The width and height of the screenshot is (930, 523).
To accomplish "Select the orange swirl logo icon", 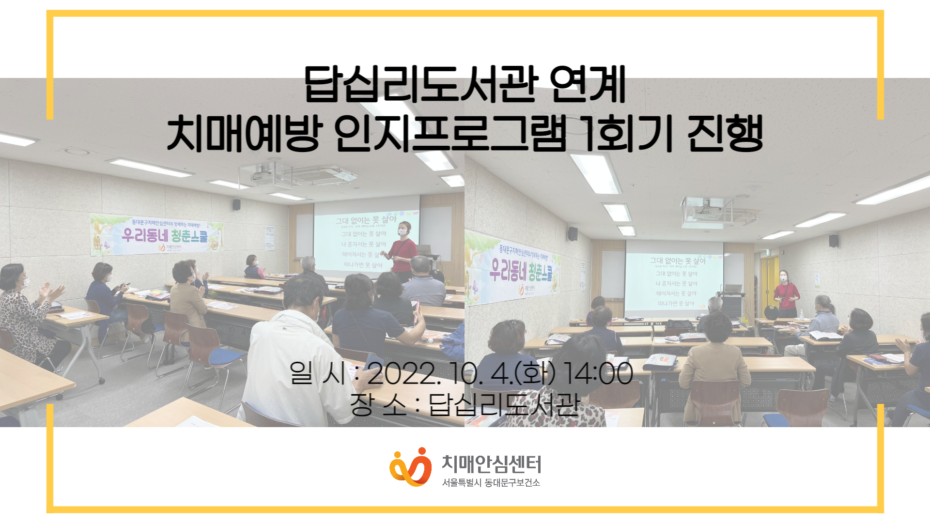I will point(410,467).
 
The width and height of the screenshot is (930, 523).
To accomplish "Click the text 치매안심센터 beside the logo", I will point(491,464).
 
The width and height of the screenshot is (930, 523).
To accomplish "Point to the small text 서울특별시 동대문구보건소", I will point(491,483).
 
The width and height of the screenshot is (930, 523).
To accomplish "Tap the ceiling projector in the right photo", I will point(705,211).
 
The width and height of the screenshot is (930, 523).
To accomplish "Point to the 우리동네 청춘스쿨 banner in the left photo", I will point(156,235).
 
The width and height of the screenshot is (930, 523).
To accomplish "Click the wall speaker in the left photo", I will point(236,205).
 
